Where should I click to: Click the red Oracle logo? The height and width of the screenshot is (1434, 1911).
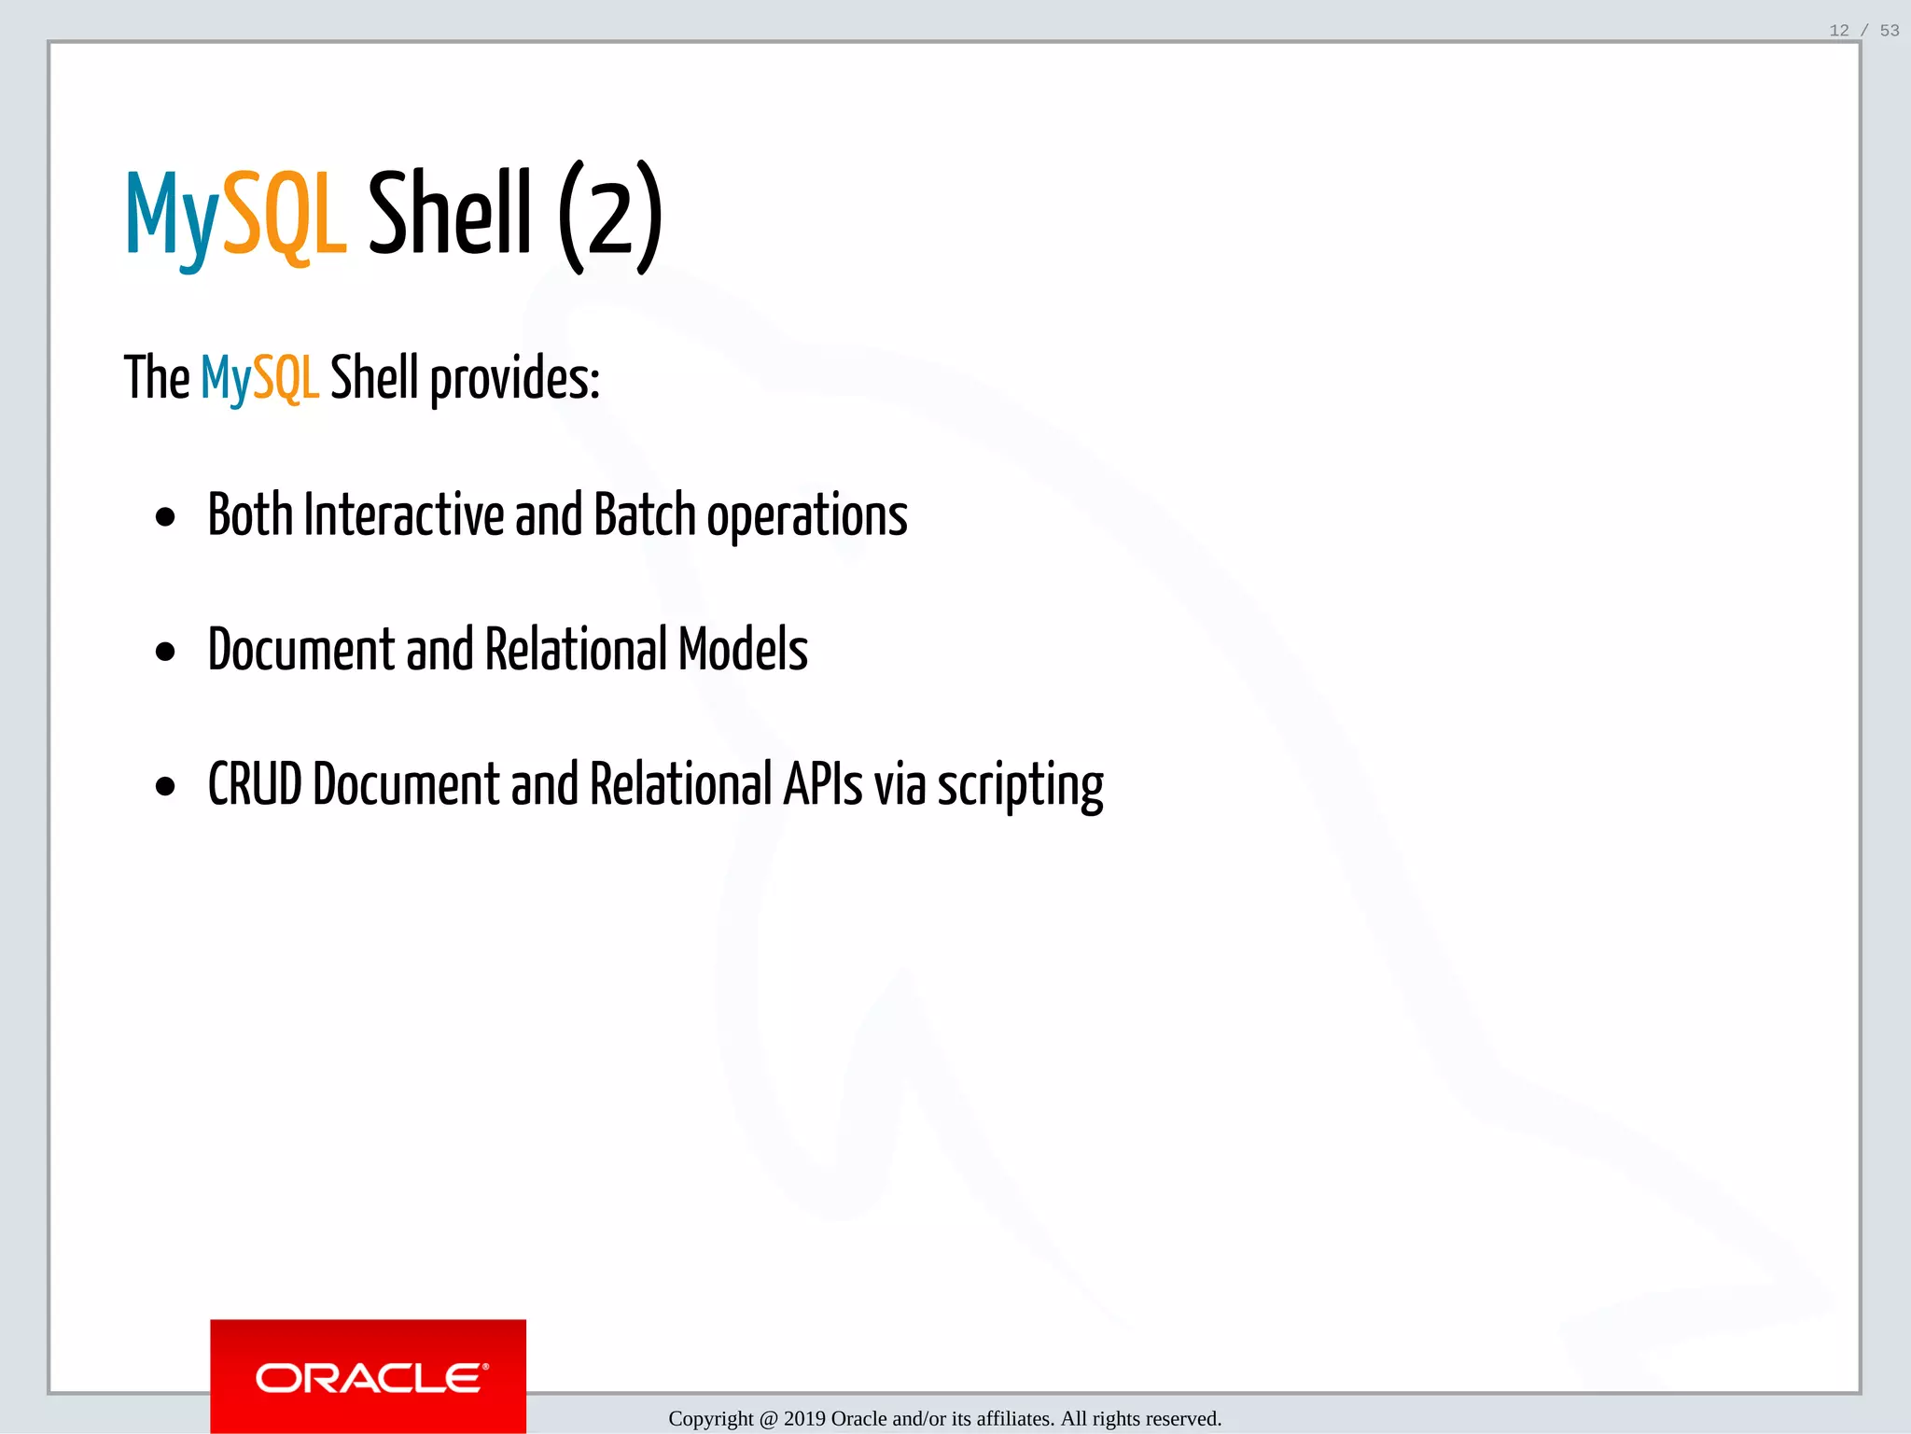[368, 1376]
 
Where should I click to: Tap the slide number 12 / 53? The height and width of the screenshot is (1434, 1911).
[1863, 31]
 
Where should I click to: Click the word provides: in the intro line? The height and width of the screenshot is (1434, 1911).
[514, 379]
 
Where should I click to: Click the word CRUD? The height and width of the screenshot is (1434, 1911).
[255, 784]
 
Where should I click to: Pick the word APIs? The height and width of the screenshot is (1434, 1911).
[822, 784]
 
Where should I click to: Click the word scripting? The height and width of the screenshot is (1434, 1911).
[1020, 786]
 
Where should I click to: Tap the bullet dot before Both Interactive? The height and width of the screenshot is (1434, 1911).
[165, 517]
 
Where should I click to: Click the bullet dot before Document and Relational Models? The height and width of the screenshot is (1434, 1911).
[165, 652]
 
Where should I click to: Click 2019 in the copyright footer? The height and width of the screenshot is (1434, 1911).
[804, 1419]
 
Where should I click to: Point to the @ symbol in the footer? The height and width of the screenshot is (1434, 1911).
[768, 1419]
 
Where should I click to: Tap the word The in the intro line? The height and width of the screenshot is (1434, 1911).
[157, 378]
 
